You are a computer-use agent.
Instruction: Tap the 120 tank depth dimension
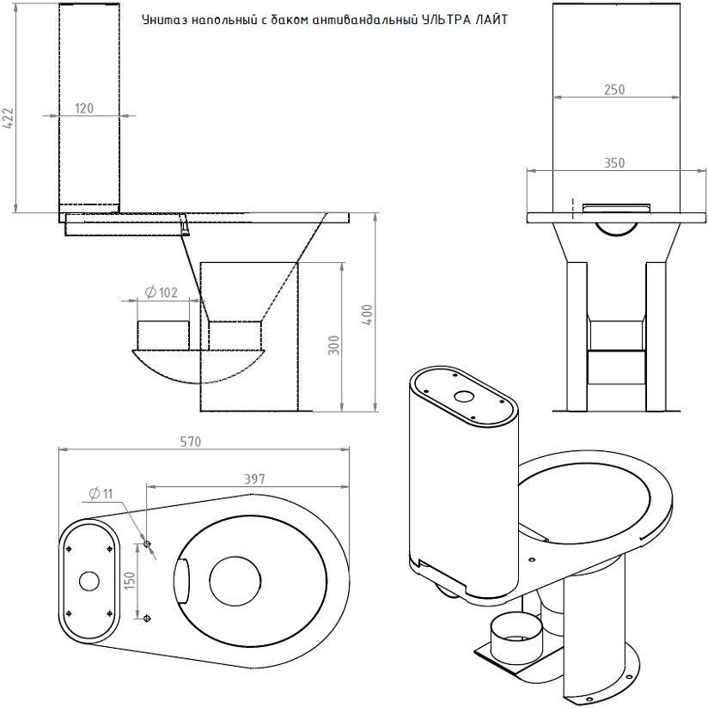click(x=84, y=108)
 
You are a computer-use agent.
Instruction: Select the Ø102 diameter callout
click(x=162, y=293)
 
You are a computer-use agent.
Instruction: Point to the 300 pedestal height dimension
click(x=333, y=345)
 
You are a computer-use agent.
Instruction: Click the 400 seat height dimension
click(x=368, y=315)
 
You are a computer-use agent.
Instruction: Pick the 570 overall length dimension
click(x=190, y=441)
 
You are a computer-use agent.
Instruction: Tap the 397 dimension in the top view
click(x=254, y=479)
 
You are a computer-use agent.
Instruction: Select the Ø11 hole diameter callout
click(x=101, y=494)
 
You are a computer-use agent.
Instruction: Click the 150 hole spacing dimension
click(x=130, y=581)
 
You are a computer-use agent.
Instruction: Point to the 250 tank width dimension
click(x=614, y=89)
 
